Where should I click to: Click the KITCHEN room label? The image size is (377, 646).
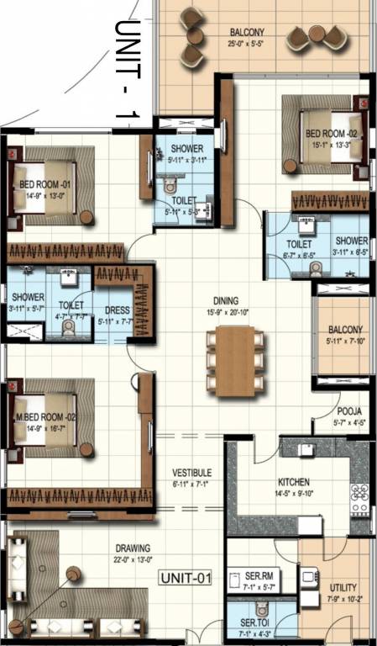click(x=295, y=482)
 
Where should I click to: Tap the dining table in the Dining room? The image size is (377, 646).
click(x=235, y=361)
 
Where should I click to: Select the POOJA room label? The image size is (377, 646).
click(x=349, y=411)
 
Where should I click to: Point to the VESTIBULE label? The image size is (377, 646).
click(x=191, y=473)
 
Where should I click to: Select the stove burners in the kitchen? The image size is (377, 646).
click(x=359, y=497)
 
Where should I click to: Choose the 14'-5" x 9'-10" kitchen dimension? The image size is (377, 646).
click(x=295, y=495)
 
